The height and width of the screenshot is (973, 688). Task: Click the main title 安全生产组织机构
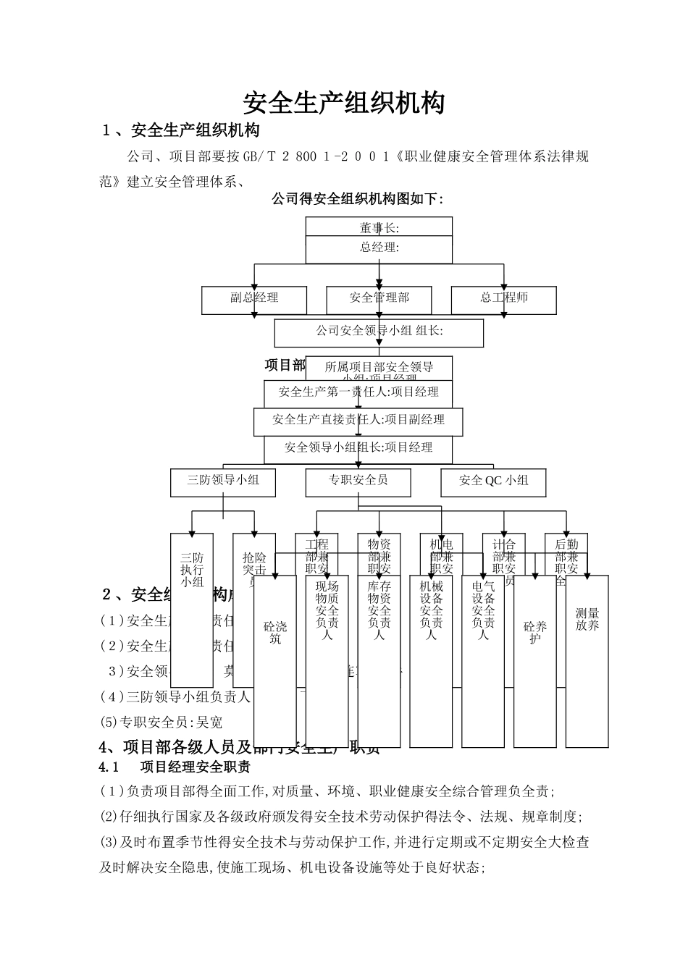click(343, 103)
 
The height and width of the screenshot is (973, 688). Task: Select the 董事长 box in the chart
click(379, 227)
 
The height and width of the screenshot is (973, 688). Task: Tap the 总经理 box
click(379, 248)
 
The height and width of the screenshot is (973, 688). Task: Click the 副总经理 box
click(254, 298)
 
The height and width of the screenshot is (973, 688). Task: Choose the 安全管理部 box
click(379, 298)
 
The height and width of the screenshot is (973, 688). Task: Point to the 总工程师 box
click(504, 298)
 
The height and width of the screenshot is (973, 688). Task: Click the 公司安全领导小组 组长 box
click(379, 332)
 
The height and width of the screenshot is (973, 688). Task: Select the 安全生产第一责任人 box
click(358, 392)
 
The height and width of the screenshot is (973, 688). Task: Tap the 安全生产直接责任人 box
click(358, 420)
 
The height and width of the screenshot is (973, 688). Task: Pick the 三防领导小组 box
click(223, 481)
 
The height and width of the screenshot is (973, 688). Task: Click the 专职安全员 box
click(358, 481)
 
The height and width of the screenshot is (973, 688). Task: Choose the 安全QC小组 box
click(494, 481)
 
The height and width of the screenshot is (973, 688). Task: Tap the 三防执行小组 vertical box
click(192, 608)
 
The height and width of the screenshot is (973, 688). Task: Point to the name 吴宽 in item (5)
click(209, 723)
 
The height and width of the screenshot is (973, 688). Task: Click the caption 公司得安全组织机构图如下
click(356, 199)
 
